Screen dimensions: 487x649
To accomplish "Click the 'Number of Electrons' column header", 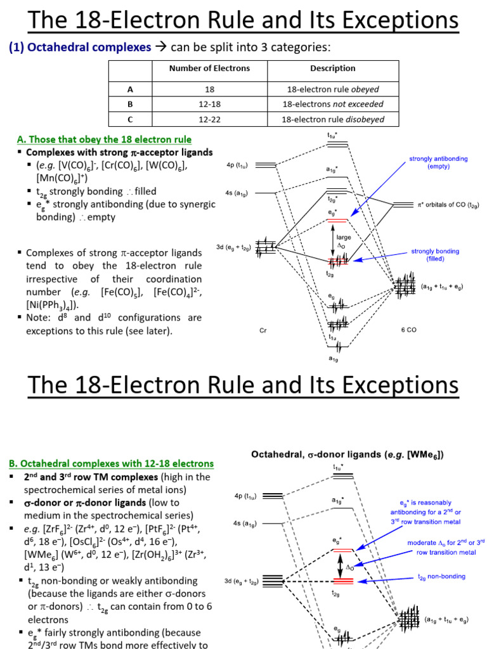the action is pos(209,68).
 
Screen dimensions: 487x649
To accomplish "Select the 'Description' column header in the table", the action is pos(332,68).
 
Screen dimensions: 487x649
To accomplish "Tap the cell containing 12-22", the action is pos(209,119).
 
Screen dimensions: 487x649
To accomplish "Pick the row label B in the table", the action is pos(129,104).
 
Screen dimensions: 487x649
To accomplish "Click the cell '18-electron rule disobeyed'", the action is pos(333,119).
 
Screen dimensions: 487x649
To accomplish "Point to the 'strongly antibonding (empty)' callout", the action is pos(438,163).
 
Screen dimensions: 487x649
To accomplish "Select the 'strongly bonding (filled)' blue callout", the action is pos(435,255).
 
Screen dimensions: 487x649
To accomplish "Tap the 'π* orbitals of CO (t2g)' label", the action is pos(448,205).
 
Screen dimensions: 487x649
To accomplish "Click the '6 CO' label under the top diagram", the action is pos(408,330).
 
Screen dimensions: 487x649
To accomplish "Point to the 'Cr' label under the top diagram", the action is pos(263,330).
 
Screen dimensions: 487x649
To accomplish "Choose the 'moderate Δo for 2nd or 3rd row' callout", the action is pos(445,547).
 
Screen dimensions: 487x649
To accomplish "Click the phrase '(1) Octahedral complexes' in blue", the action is pos(79,47).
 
